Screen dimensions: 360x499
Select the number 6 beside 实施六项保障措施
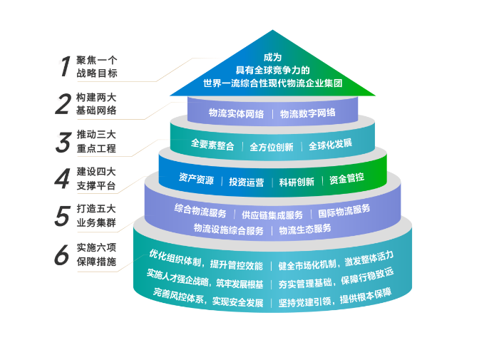[63, 254]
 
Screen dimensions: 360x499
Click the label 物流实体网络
[236, 113]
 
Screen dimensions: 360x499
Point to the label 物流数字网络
[308, 113]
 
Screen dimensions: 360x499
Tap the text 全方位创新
[272, 146]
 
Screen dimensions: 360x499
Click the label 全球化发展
[330, 144]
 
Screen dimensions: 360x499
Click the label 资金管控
[346, 179]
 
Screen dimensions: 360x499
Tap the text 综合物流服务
[200, 211]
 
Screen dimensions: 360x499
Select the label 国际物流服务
[344, 210]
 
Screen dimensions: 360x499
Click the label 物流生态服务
[305, 230]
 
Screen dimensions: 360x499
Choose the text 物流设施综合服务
[228, 230]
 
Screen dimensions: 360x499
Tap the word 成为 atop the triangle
[272, 57]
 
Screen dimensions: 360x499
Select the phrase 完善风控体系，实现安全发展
[207, 297]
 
